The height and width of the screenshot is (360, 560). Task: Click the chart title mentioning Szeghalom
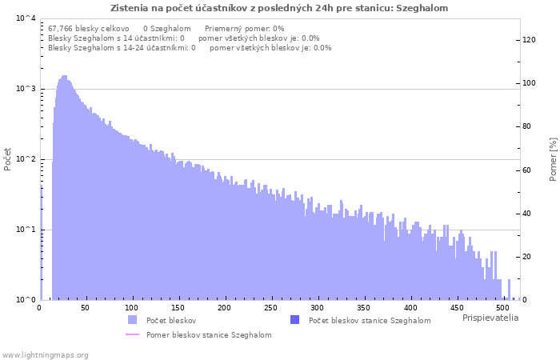point(279,8)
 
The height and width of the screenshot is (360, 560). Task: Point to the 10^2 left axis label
point(26,158)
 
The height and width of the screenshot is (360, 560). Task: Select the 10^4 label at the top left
point(26,18)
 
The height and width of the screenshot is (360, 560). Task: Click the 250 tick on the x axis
point(270,308)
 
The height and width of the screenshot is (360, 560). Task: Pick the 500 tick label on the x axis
point(502,308)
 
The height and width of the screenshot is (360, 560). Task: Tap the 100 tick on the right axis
point(529,83)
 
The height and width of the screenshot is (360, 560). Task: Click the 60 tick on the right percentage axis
point(526,170)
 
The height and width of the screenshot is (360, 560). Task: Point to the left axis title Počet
point(7,159)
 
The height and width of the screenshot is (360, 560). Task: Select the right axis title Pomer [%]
point(553,159)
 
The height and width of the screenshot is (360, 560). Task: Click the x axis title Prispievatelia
point(490,318)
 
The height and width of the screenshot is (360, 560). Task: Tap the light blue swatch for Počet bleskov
point(132,320)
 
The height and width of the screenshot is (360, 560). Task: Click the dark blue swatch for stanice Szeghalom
point(294,320)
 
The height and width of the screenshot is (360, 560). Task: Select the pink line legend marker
point(132,334)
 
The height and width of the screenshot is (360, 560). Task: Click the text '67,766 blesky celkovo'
point(89,29)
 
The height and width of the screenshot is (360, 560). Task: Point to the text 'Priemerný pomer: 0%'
point(245,29)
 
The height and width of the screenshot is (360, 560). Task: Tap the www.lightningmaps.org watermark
point(45,355)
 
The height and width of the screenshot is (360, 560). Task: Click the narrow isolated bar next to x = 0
point(42,243)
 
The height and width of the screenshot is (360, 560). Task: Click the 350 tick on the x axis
point(363,308)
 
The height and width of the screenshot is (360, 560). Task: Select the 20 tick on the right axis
point(526,257)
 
